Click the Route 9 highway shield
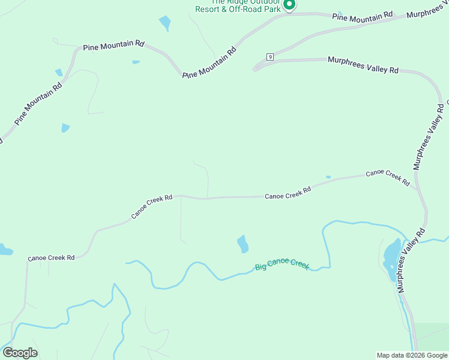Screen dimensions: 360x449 pos(270,57)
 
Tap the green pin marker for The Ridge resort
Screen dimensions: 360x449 pos(289,5)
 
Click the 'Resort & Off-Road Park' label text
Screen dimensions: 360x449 pos(238,10)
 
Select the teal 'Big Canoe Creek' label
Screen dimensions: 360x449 pos(282,264)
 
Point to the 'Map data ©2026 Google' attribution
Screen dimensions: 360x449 pos(412,355)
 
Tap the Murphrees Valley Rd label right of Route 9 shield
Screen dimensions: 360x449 pos(363,65)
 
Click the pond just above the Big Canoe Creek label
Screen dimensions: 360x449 pos(243,244)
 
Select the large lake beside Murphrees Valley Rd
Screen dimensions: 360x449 pos(391,260)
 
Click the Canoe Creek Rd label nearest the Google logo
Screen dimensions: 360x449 pos(51,257)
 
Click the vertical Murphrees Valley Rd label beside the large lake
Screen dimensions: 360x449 pos(411,259)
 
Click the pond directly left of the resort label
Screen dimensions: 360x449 pos(164,23)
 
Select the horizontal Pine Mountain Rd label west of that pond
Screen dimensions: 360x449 pos(114,44)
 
